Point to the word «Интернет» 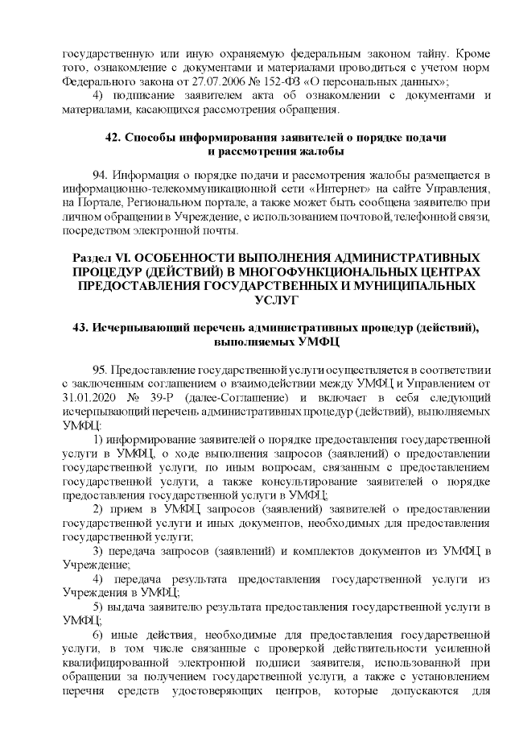pos(330,190)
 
